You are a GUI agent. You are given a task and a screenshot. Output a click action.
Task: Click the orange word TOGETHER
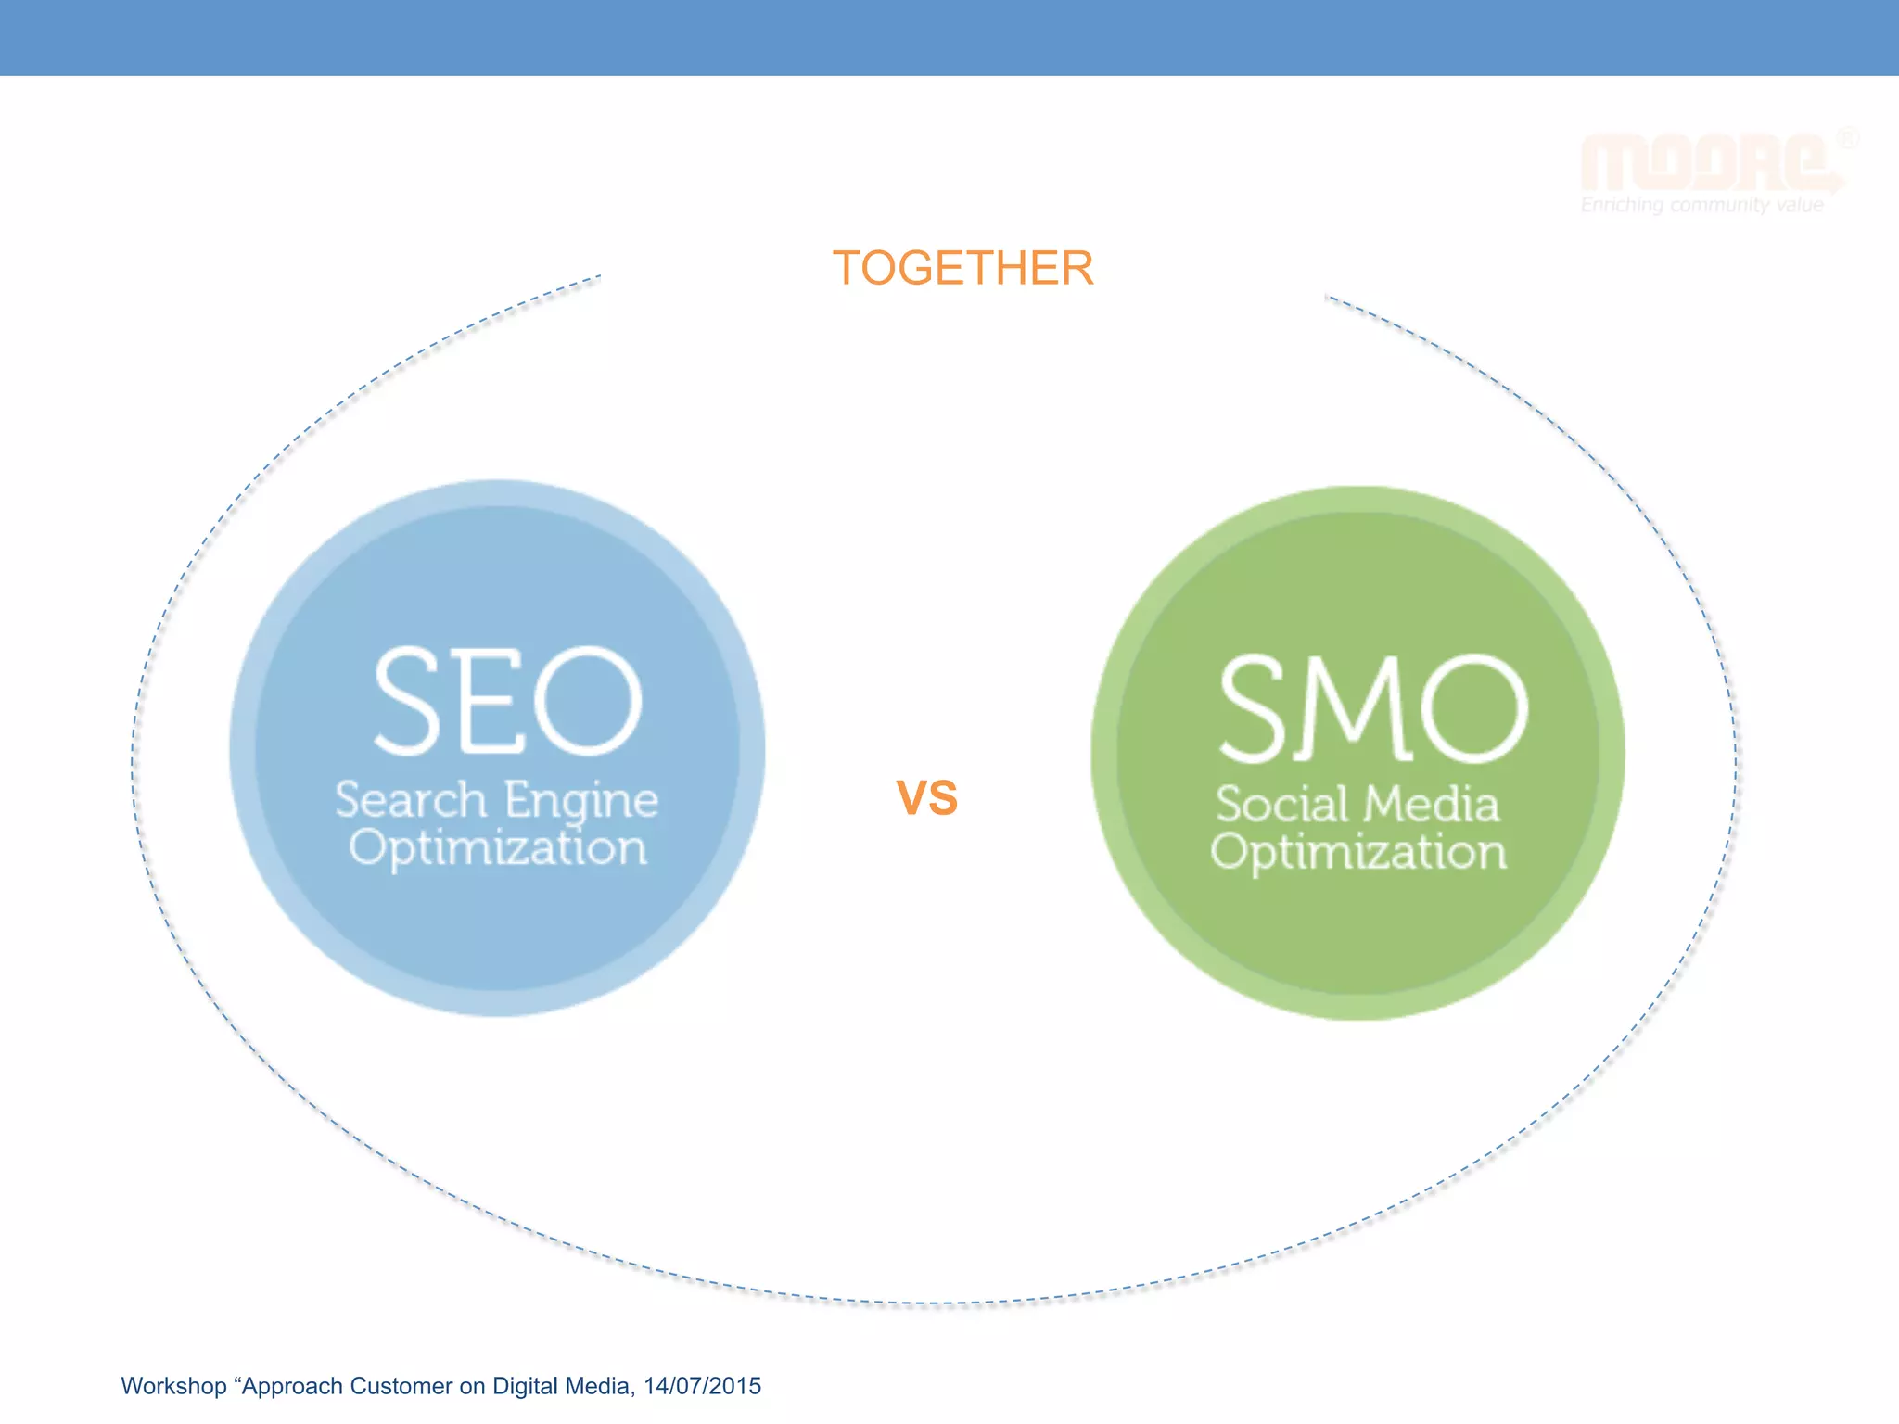tap(962, 269)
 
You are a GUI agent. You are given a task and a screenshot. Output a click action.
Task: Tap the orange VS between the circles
tap(926, 797)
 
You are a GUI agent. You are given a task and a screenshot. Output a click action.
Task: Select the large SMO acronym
tap(1372, 708)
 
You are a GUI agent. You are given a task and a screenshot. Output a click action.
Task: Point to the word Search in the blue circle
tap(411, 800)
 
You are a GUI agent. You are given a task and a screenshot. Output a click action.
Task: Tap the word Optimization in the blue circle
tap(498, 848)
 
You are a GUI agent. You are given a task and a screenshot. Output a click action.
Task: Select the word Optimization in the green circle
tap(1358, 852)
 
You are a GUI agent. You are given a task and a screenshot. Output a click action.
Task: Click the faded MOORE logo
tap(1706, 163)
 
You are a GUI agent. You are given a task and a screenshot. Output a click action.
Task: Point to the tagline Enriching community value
tap(1701, 205)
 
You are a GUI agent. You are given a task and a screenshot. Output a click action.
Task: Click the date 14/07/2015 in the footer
tap(702, 1386)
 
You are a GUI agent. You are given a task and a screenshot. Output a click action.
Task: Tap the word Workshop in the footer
tap(173, 1387)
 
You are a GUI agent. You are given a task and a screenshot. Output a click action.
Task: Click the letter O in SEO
tap(588, 701)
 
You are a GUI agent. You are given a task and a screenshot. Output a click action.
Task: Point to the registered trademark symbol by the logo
tap(1847, 139)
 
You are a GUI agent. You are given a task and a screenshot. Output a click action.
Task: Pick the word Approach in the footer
tap(292, 1387)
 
